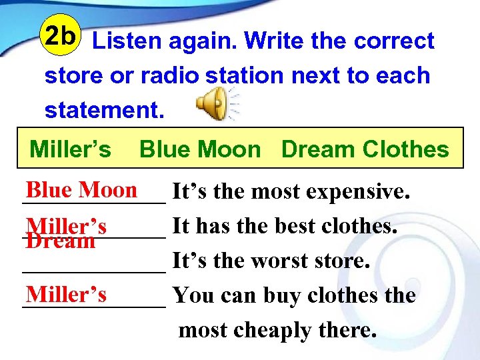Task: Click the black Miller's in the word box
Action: point(71,149)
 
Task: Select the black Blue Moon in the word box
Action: point(199,149)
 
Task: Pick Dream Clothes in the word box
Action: point(365,149)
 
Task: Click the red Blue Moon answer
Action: point(81,190)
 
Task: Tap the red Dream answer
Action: point(60,241)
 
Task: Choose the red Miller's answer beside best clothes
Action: point(67,225)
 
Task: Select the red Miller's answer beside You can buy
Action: point(66,293)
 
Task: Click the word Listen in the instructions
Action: point(127,41)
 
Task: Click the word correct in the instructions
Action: point(394,41)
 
